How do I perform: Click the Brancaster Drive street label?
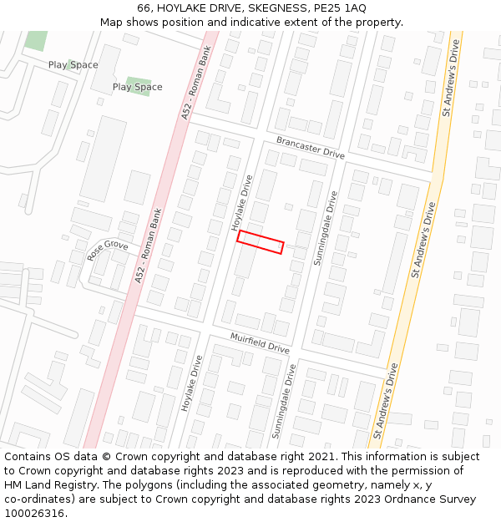pyautogui.click(x=311, y=149)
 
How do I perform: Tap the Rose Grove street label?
pyautogui.click(x=108, y=250)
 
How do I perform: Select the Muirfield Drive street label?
pyautogui.click(x=260, y=342)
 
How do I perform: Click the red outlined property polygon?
pyautogui.click(x=261, y=242)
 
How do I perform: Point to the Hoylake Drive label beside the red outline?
pyautogui.click(x=242, y=203)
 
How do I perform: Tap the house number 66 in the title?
pyautogui.click(x=144, y=8)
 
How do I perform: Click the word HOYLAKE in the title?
pyautogui.click(x=180, y=8)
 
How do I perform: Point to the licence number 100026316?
pyautogui.click(x=36, y=514)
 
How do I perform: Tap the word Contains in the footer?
pyautogui.click(x=28, y=457)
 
